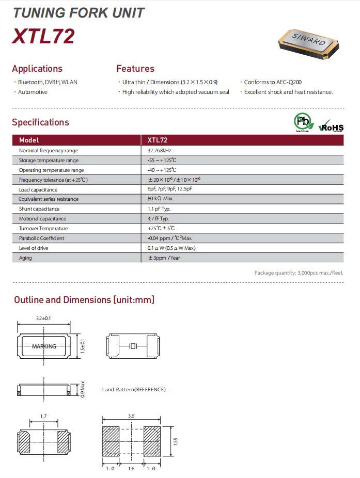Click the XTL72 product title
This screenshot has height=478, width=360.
(43, 36)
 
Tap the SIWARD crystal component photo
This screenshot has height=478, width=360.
(309, 43)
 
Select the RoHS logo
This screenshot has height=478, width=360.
(331, 126)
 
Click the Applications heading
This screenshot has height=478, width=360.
(37, 69)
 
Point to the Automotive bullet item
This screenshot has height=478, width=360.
(33, 92)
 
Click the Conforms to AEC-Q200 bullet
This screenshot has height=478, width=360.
(273, 82)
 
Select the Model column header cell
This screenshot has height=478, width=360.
(29, 140)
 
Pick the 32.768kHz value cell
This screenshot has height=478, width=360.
(159, 150)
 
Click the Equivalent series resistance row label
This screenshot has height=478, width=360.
(49, 199)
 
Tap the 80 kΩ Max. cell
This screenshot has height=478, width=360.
(160, 199)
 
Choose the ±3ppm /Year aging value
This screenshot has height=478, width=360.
(164, 258)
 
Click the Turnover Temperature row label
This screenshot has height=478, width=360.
(43, 228)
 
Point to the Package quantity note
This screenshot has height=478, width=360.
(299, 273)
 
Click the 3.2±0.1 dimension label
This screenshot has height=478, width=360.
(44, 318)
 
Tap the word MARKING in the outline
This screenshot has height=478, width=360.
(44, 346)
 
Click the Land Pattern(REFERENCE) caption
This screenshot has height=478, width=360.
(134, 389)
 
